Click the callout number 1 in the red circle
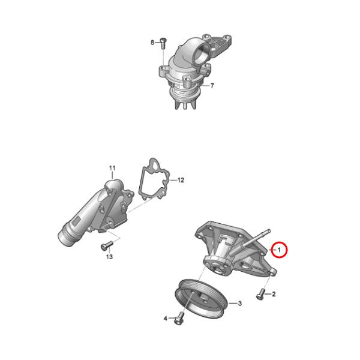pos(279,250)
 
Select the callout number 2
pos(274,294)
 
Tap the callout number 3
pos(239,303)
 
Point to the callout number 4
pos(166,319)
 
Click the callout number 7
pos(212,86)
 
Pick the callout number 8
pos(152,43)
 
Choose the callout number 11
pos(112,168)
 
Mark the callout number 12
pos(181,180)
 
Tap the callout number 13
pos(110,256)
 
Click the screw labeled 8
pos(163,43)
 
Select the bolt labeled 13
pos(107,245)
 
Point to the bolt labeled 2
pos(260,294)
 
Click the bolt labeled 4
pos(179,318)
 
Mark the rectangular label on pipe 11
pos(76,222)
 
